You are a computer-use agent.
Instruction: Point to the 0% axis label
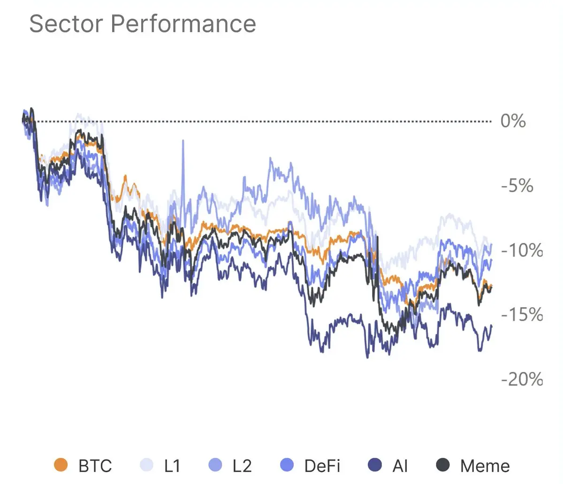pyautogui.click(x=513, y=121)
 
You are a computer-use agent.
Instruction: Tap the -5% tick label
pyautogui.click(x=517, y=186)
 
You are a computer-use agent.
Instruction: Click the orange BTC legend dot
pyautogui.click(x=61, y=465)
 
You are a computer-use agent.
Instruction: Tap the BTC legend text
pyautogui.click(x=95, y=466)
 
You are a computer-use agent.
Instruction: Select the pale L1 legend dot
pyautogui.click(x=147, y=465)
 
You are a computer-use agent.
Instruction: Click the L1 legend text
pyautogui.click(x=172, y=466)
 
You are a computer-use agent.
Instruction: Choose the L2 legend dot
pyautogui.click(x=215, y=465)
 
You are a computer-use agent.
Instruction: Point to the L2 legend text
pyautogui.click(x=242, y=466)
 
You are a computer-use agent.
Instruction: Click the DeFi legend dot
pyautogui.click(x=286, y=465)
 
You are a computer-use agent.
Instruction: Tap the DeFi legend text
pyautogui.click(x=322, y=466)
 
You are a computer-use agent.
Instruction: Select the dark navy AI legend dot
pyautogui.click(x=375, y=465)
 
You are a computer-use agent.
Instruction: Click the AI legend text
pyautogui.click(x=400, y=466)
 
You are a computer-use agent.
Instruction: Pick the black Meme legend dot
pyautogui.click(x=443, y=465)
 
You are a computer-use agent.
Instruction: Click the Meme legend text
pyautogui.click(x=485, y=466)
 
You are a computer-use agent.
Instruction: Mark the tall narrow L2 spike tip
pyautogui.click(x=183, y=141)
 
